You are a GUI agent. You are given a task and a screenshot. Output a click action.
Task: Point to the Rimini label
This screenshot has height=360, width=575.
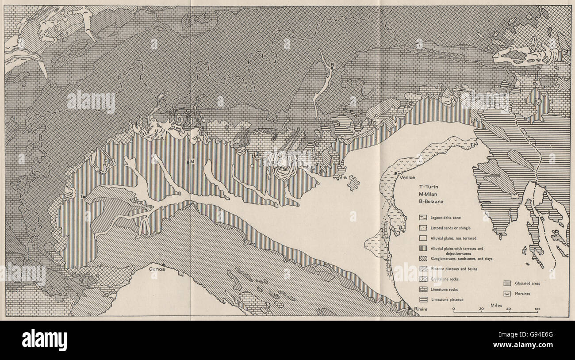click(x=419, y=309)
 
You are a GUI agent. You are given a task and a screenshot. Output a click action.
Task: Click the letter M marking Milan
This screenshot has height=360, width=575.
click(x=192, y=161)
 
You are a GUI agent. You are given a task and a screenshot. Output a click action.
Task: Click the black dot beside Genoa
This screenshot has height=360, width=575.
click(x=163, y=264)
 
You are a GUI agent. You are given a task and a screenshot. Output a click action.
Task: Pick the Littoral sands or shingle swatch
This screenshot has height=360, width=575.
click(x=424, y=228)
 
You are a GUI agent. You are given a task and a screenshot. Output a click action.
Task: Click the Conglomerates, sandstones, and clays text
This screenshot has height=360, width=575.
click(x=460, y=258)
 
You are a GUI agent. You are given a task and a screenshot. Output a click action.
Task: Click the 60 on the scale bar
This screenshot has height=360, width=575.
click(x=537, y=309)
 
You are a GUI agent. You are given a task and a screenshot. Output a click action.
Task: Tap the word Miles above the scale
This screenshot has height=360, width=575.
click(x=496, y=305)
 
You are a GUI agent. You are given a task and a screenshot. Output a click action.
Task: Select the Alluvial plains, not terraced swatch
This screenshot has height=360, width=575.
click(x=424, y=238)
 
